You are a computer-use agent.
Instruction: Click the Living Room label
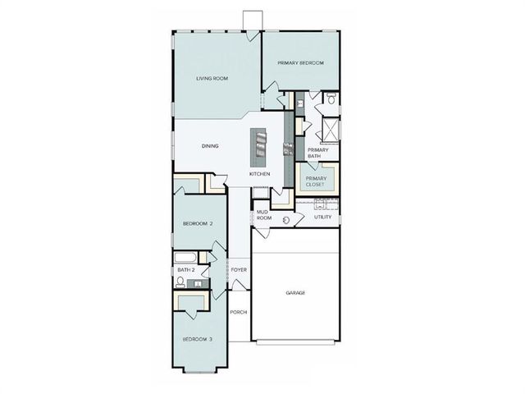pos(212,79)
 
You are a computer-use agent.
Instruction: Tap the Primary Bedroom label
pos(300,63)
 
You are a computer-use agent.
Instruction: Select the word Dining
pos(210,146)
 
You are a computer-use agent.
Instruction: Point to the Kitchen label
pos(260,174)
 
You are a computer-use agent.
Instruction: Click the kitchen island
pos(261,145)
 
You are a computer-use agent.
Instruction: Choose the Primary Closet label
pos(316,181)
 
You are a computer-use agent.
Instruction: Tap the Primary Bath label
pos(317,153)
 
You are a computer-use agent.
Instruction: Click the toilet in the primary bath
pos(331,98)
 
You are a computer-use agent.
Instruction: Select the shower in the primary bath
pos(330,130)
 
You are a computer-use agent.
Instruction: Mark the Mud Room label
pos(263,215)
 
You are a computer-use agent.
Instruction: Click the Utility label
pos(322,217)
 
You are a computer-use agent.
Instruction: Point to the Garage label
pos(295,292)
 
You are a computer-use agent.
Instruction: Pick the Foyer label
pos(239,269)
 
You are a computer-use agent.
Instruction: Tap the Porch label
pos(239,312)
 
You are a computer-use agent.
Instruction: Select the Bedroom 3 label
pos(198,339)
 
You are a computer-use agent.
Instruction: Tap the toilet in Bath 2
pos(180,282)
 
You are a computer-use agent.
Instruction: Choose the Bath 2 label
pos(186,270)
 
